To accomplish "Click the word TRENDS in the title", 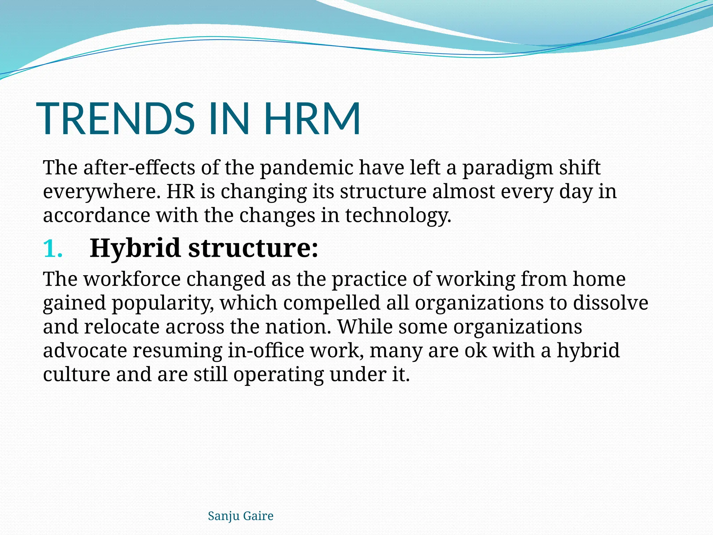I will [115, 118].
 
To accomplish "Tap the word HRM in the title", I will [312, 118].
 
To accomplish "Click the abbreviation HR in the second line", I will [180, 192].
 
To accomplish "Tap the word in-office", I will [266, 350].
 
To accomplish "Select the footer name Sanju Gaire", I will [241, 516].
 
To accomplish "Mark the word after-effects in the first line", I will [139, 168].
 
